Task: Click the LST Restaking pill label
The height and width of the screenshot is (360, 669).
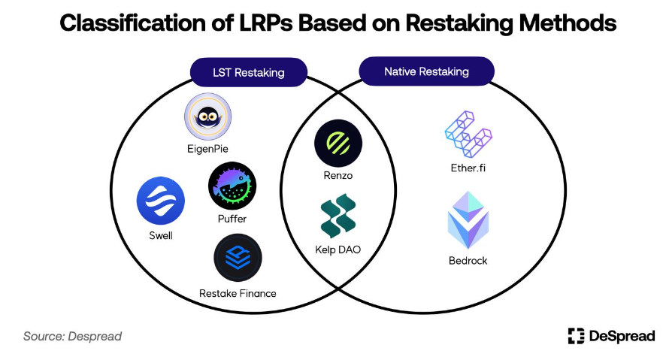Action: [250, 73]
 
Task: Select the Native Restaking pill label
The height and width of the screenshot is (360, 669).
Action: [426, 72]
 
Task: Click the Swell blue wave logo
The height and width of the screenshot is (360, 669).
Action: [160, 201]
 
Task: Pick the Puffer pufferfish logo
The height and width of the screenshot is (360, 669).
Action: [232, 186]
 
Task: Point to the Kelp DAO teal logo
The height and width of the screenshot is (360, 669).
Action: [338, 216]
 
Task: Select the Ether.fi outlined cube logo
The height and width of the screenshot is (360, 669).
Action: [468, 137]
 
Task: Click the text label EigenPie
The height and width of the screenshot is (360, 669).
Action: [207, 149]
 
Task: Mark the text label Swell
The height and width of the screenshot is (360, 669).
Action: [160, 236]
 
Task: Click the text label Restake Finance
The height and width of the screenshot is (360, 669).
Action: [238, 293]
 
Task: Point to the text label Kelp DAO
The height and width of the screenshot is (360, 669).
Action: [338, 249]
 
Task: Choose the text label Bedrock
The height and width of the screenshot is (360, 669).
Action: [468, 261]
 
